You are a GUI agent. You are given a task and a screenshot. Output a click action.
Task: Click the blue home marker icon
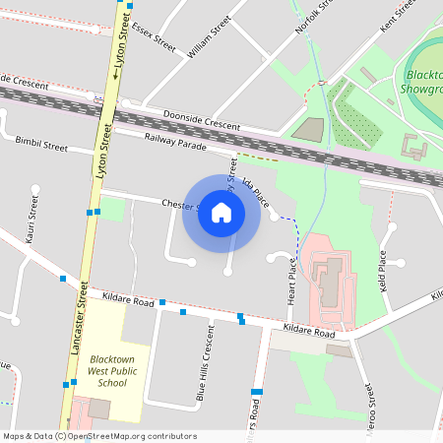click(x=221, y=213)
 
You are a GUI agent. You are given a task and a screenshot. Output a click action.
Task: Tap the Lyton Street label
click(x=122, y=47)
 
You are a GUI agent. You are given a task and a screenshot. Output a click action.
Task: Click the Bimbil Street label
click(x=41, y=146)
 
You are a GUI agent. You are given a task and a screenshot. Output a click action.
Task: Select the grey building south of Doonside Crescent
click(x=309, y=128)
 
